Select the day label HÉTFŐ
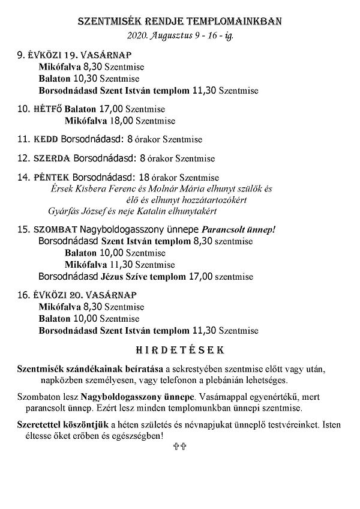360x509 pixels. click(x=47, y=110)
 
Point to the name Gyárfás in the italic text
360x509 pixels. click(x=62, y=211)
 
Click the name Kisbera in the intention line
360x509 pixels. click(x=92, y=188)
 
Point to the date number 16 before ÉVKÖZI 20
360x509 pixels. click(x=23, y=295)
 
